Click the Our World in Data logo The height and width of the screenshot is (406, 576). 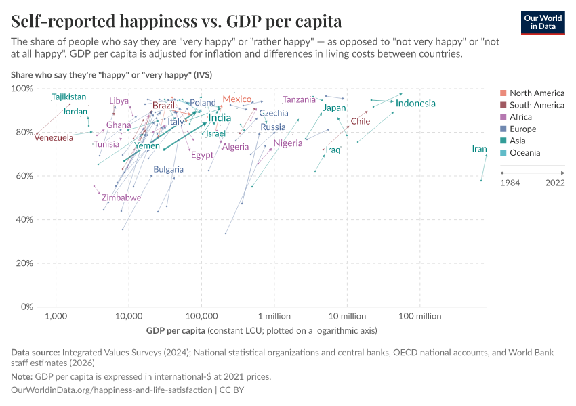click(x=542, y=22)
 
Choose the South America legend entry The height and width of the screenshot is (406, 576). click(x=537, y=105)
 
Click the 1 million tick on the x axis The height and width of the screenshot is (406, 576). click(x=274, y=316)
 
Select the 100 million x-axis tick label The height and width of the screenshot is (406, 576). click(x=419, y=316)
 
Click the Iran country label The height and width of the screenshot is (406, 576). click(x=479, y=149)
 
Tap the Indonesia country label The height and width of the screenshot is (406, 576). click(x=415, y=103)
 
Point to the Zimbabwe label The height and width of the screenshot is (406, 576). click(x=121, y=198)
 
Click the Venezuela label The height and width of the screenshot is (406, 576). click(x=54, y=138)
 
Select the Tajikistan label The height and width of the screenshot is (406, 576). click(x=69, y=97)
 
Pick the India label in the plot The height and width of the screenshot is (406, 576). click(x=220, y=118)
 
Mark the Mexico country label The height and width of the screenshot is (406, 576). click(x=237, y=99)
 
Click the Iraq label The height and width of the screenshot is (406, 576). click(x=333, y=150)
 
